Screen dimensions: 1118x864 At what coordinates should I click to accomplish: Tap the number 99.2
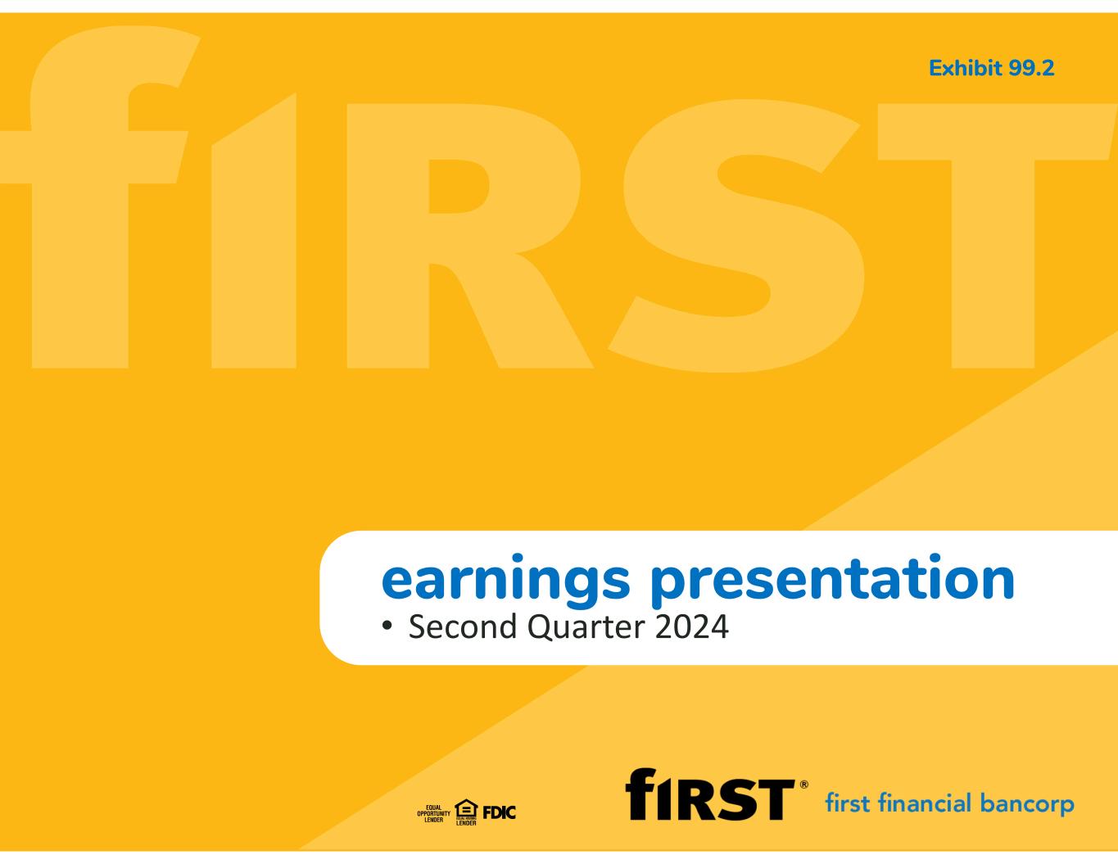[x=1031, y=69]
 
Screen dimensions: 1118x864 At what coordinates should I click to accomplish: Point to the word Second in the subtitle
[x=463, y=627]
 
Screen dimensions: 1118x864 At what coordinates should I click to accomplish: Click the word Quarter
[x=586, y=628]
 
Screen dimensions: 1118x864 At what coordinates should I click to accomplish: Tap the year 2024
[x=691, y=627]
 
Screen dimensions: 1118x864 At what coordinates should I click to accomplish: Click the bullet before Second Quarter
[x=387, y=626]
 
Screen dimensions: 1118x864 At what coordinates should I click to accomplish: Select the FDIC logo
[x=499, y=812]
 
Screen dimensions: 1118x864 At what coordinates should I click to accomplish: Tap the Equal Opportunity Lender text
[x=433, y=813]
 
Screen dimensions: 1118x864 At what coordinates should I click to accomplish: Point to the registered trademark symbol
[x=803, y=785]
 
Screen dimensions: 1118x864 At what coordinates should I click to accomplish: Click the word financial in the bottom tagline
[x=926, y=803]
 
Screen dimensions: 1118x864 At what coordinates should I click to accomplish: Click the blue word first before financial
[x=849, y=803]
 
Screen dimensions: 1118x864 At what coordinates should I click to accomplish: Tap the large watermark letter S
[x=736, y=236]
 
